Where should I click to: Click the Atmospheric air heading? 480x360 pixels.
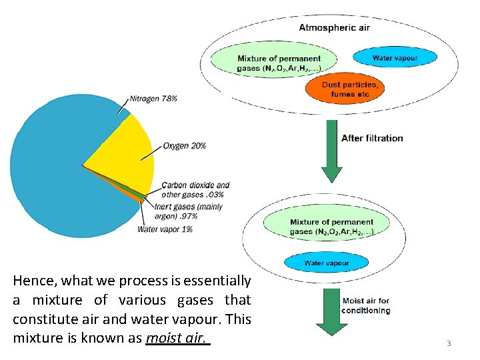(x=334, y=27)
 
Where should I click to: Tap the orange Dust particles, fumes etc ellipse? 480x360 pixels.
(x=349, y=89)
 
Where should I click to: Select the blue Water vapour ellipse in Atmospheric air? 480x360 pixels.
(x=395, y=58)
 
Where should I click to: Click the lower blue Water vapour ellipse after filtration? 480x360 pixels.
(x=326, y=263)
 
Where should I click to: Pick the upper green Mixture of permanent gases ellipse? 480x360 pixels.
(x=279, y=63)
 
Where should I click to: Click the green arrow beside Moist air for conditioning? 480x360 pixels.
(x=331, y=310)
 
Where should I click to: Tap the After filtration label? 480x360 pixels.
(x=372, y=138)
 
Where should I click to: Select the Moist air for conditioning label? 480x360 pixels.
(x=366, y=305)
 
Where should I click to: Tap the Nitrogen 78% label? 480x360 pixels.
(x=153, y=98)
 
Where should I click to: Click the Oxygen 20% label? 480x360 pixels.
(x=184, y=145)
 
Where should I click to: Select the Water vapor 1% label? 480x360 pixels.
(x=165, y=229)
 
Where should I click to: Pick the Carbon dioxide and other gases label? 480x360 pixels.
(x=195, y=190)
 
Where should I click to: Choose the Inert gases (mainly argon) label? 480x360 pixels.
(x=188, y=211)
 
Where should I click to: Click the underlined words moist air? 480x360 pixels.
(x=177, y=337)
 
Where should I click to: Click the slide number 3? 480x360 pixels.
(x=449, y=343)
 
